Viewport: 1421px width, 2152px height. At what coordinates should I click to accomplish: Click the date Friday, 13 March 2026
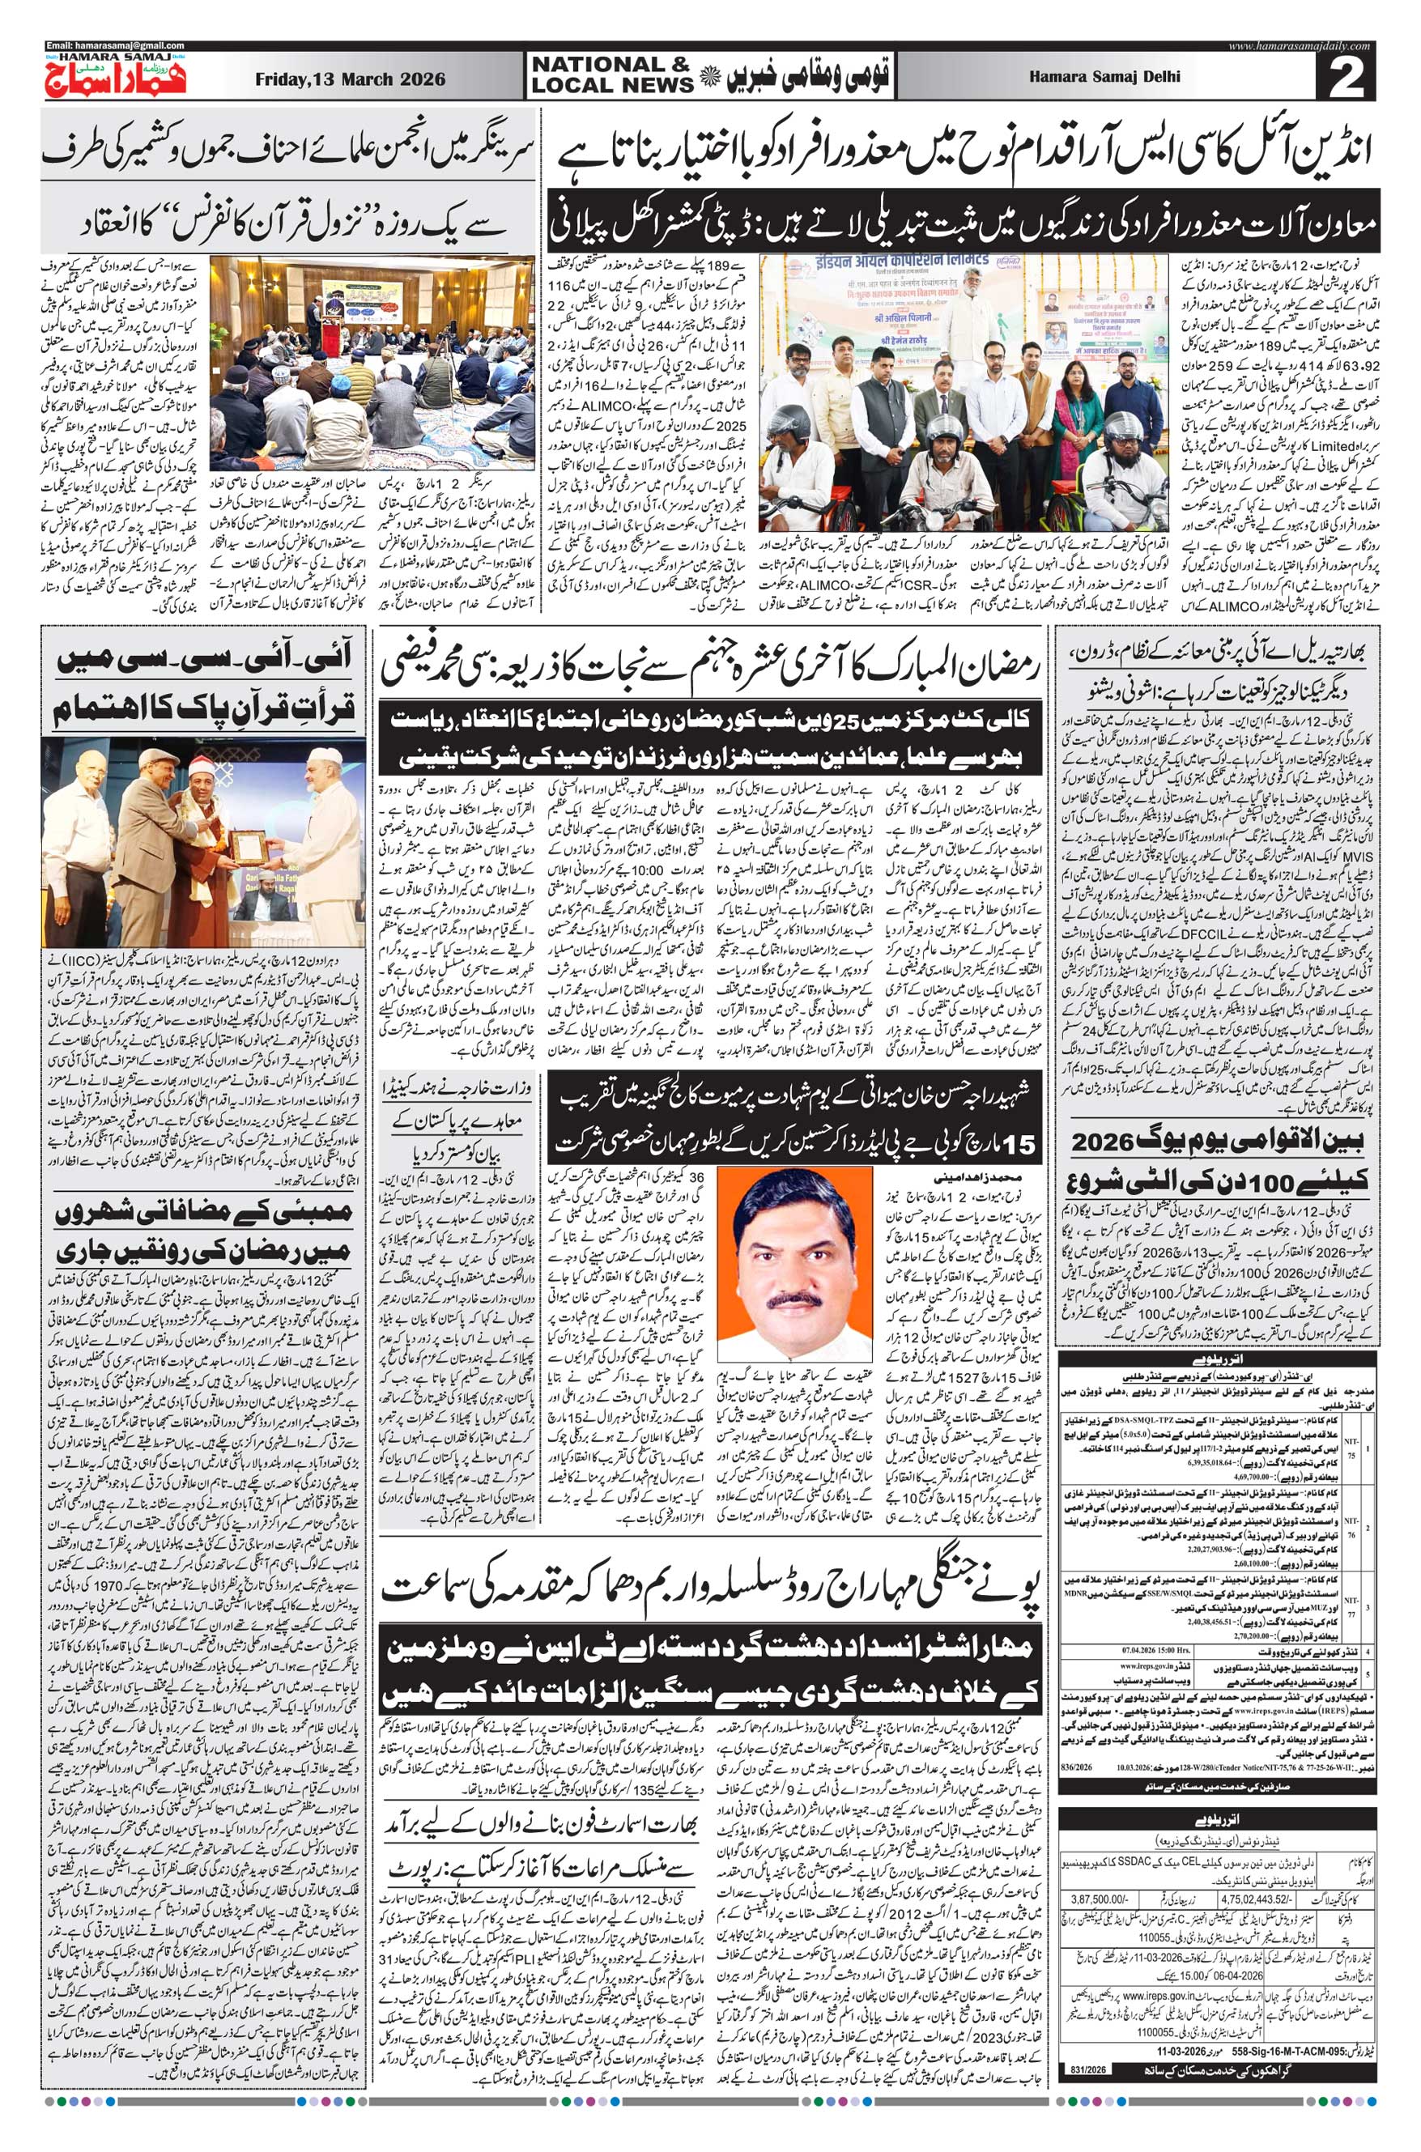click(x=350, y=79)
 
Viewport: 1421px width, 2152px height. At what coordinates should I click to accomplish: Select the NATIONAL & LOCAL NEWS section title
click(x=612, y=74)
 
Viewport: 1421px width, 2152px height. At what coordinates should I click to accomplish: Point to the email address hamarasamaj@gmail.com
click(x=115, y=45)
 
